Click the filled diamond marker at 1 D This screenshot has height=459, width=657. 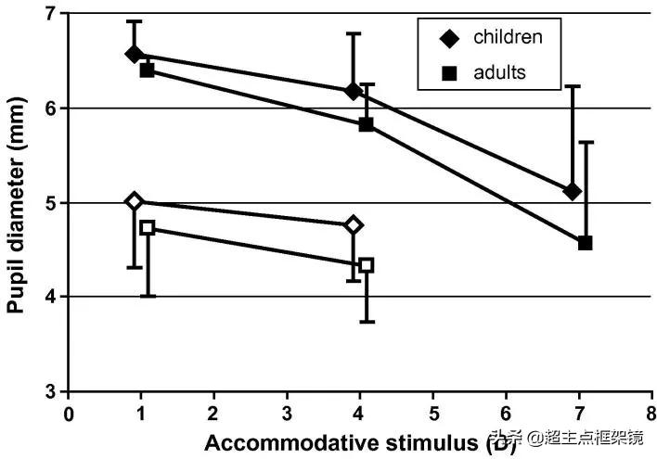(x=135, y=54)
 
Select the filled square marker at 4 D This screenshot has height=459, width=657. (x=366, y=124)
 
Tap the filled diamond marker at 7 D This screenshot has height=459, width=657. (x=572, y=191)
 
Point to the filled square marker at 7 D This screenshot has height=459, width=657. (x=585, y=243)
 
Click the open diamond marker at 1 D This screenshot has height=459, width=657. (x=135, y=201)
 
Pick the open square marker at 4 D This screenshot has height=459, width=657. (x=366, y=265)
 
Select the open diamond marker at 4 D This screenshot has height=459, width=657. (x=353, y=224)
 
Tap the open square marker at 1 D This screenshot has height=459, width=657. (x=147, y=227)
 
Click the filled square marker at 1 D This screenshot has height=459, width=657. (x=147, y=70)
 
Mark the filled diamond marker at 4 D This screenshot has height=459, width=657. (x=353, y=91)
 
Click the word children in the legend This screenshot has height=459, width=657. (x=508, y=37)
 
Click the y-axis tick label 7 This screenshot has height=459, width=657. (x=50, y=14)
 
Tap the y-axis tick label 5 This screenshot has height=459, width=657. (x=50, y=203)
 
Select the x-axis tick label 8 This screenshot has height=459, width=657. (x=651, y=411)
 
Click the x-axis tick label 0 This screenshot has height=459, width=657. (x=68, y=411)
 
